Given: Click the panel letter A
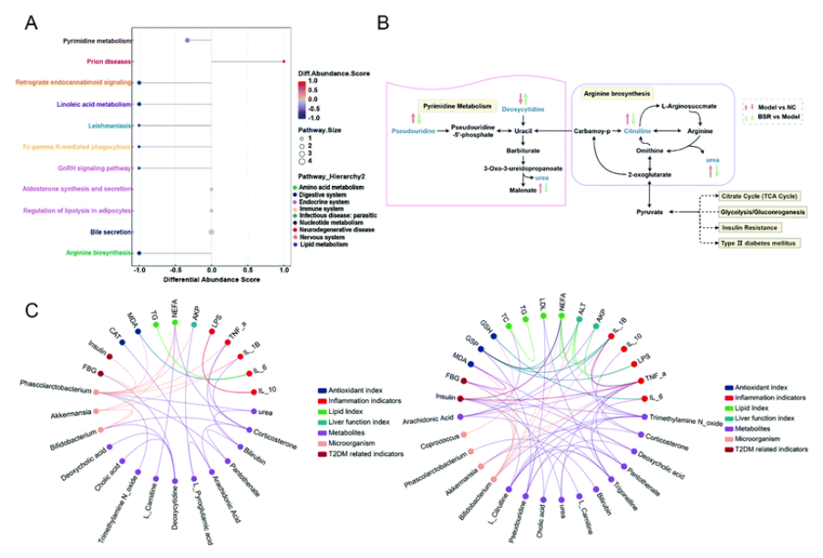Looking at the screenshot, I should click(30, 20).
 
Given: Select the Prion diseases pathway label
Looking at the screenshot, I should click(108, 62).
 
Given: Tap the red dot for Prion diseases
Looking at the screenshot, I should click(284, 62).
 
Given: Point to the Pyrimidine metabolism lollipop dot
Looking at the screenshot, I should click(187, 41).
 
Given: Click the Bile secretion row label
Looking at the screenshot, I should click(109, 232).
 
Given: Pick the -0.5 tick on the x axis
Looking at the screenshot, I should click(175, 270).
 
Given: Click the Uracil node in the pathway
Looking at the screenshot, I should click(521, 131).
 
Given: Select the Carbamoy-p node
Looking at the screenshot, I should click(593, 131).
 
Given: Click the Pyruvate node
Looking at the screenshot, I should click(649, 212).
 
